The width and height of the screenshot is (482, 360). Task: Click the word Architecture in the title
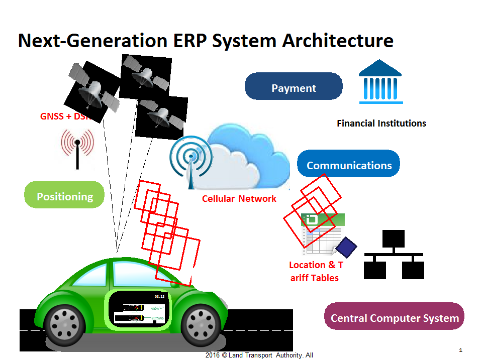click(337, 41)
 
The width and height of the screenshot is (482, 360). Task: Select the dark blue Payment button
click(294, 88)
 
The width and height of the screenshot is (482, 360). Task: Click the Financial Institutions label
click(381, 123)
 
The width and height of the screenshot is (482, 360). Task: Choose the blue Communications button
click(349, 165)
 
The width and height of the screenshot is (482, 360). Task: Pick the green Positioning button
click(65, 196)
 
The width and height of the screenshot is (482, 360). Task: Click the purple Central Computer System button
click(395, 318)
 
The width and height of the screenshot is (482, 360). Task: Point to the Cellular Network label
click(239, 199)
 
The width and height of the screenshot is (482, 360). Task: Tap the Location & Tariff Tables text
click(315, 271)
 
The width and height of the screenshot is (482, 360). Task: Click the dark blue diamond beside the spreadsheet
click(346, 247)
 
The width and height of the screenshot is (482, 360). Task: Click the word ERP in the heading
click(189, 41)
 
